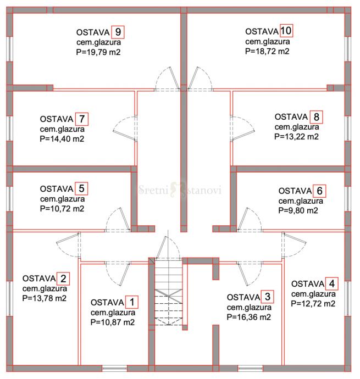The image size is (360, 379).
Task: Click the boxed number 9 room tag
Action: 118,32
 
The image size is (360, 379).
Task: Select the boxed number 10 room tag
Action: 286,30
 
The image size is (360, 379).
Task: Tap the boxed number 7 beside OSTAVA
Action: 82,119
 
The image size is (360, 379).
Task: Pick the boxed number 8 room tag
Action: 316,117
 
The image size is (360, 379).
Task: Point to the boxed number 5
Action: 81,188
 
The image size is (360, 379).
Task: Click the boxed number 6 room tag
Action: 319,191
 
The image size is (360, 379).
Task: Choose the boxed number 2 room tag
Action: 63,278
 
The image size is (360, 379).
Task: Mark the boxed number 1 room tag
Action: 132,302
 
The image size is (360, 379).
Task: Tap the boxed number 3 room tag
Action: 267,297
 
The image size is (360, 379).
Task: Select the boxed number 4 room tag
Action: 331,283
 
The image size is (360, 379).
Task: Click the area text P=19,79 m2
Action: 98,52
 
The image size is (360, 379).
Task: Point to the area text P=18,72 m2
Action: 267,51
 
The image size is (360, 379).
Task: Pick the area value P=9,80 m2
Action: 298,210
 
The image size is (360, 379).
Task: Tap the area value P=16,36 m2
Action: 249,317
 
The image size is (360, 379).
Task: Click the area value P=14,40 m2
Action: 62,139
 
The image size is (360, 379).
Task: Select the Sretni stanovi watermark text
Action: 180,190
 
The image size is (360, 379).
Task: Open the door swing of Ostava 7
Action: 125,129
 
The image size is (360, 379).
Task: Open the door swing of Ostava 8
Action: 242,129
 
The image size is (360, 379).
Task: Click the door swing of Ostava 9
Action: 167,79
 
